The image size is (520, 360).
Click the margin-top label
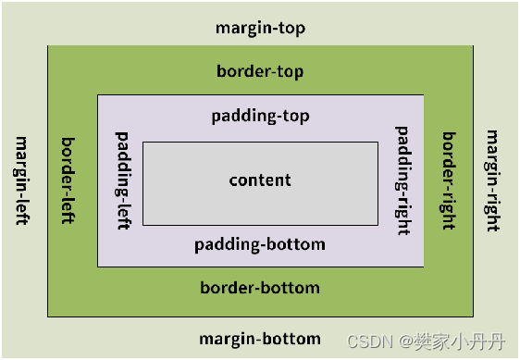point(260,28)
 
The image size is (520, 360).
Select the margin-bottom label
point(260,339)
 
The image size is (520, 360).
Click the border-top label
point(260,71)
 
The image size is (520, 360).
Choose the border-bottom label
point(260,288)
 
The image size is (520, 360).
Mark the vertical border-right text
point(449,179)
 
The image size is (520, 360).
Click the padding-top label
point(260,117)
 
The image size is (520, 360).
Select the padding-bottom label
point(260,245)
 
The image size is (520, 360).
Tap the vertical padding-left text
point(122,180)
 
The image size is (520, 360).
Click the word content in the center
point(260,180)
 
